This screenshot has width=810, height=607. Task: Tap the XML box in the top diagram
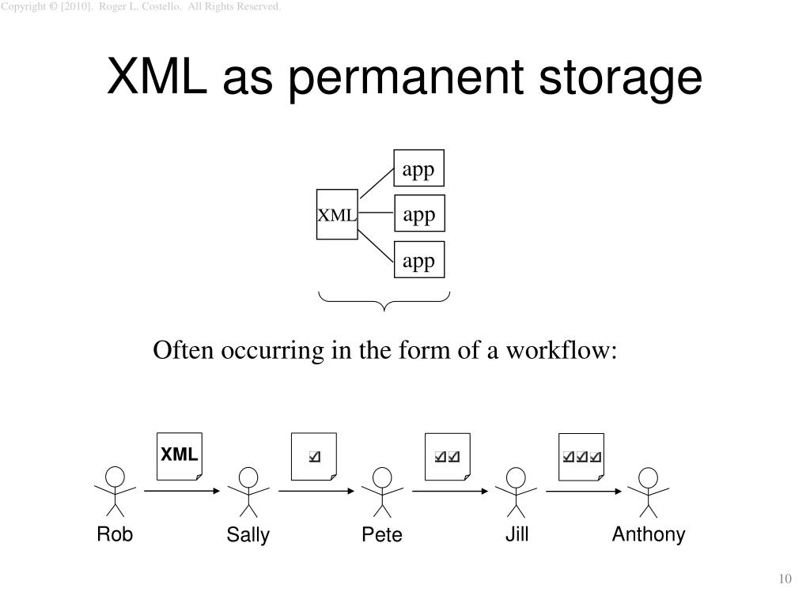pyautogui.click(x=338, y=214)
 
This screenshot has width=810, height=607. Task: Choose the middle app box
pyautogui.click(x=419, y=216)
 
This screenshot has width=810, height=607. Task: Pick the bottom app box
pyautogui.click(x=419, y=261)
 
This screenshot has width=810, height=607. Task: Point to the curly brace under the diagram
pyautogui.click(x=384, y=300)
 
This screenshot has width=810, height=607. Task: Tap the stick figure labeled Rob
pyautogui.click(x=115, y=491)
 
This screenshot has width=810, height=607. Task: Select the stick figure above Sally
pyautogui.click(x=248, y=491)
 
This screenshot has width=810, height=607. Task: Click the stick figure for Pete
pyautogui.click(x=382, y=491)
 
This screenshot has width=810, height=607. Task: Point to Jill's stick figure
pyautogui.click(x=516, y=491)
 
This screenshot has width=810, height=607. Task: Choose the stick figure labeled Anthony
pyautogui.click(x=649, y=491)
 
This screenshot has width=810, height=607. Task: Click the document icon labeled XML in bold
pyautogui.click(x=180, y=456)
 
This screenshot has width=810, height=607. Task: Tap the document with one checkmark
pyautogui.click(x=314, y=456)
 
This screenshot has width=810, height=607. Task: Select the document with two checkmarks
pyautogui.click(x=448, y=456)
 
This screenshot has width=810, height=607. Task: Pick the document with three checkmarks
pyautogui.click(x=581, y=456)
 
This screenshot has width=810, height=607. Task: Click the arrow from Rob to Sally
pyautogui.click(x=182, y=491)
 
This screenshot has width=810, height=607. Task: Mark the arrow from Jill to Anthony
pyautogui.click(x=583, y=491)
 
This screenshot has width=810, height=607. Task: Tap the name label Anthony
pyautogui.click(x=649, y=535)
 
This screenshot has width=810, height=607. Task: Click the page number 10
pyautogui.click(x=785, y=580)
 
